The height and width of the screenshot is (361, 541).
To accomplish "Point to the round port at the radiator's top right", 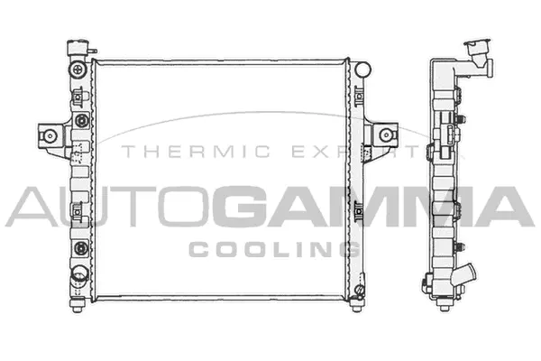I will click(362, 69).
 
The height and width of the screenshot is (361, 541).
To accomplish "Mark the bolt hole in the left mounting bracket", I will click(51, 136).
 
